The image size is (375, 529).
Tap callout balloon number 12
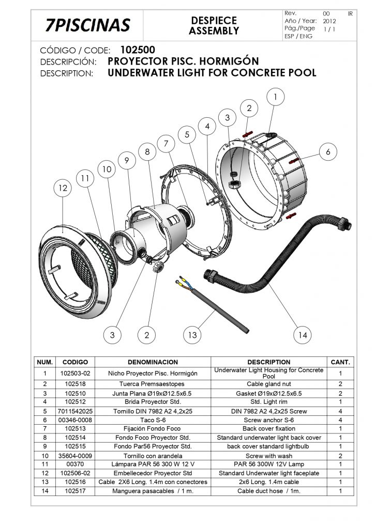[63, 189]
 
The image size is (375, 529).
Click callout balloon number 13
[192, 335]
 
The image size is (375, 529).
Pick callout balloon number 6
[327, 151]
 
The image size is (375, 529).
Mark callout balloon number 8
[147, 152]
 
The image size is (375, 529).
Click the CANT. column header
[340, 362]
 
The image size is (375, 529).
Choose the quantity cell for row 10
[340, 456]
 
